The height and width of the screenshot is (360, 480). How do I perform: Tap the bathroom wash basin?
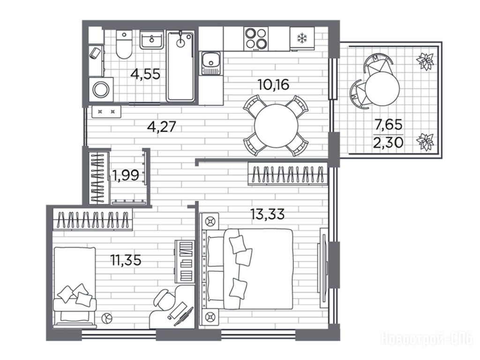(151, 39)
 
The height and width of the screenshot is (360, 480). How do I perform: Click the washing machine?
(101, 90)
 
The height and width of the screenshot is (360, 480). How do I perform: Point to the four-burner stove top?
(256, 38)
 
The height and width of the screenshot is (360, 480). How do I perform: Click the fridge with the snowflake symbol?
(302, 38)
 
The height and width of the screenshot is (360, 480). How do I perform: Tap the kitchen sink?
(210, 63)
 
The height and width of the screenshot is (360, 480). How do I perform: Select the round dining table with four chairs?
(276, 126)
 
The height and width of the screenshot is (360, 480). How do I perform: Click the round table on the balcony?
(382, 88)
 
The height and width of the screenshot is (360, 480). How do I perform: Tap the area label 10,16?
(273, 85)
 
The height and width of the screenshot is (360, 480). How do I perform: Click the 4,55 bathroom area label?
(145, 74)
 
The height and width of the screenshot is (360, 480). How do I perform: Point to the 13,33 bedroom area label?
(267, 214)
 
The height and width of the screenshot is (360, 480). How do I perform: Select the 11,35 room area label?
(126, 261)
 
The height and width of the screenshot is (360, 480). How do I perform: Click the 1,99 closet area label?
(126, 175)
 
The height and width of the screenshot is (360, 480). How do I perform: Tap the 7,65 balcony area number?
(389, 125)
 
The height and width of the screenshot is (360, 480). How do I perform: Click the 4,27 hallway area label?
(162, 126)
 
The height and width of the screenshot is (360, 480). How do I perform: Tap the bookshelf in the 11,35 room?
(185, 262)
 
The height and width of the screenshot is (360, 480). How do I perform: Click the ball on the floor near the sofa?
(107, 318)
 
